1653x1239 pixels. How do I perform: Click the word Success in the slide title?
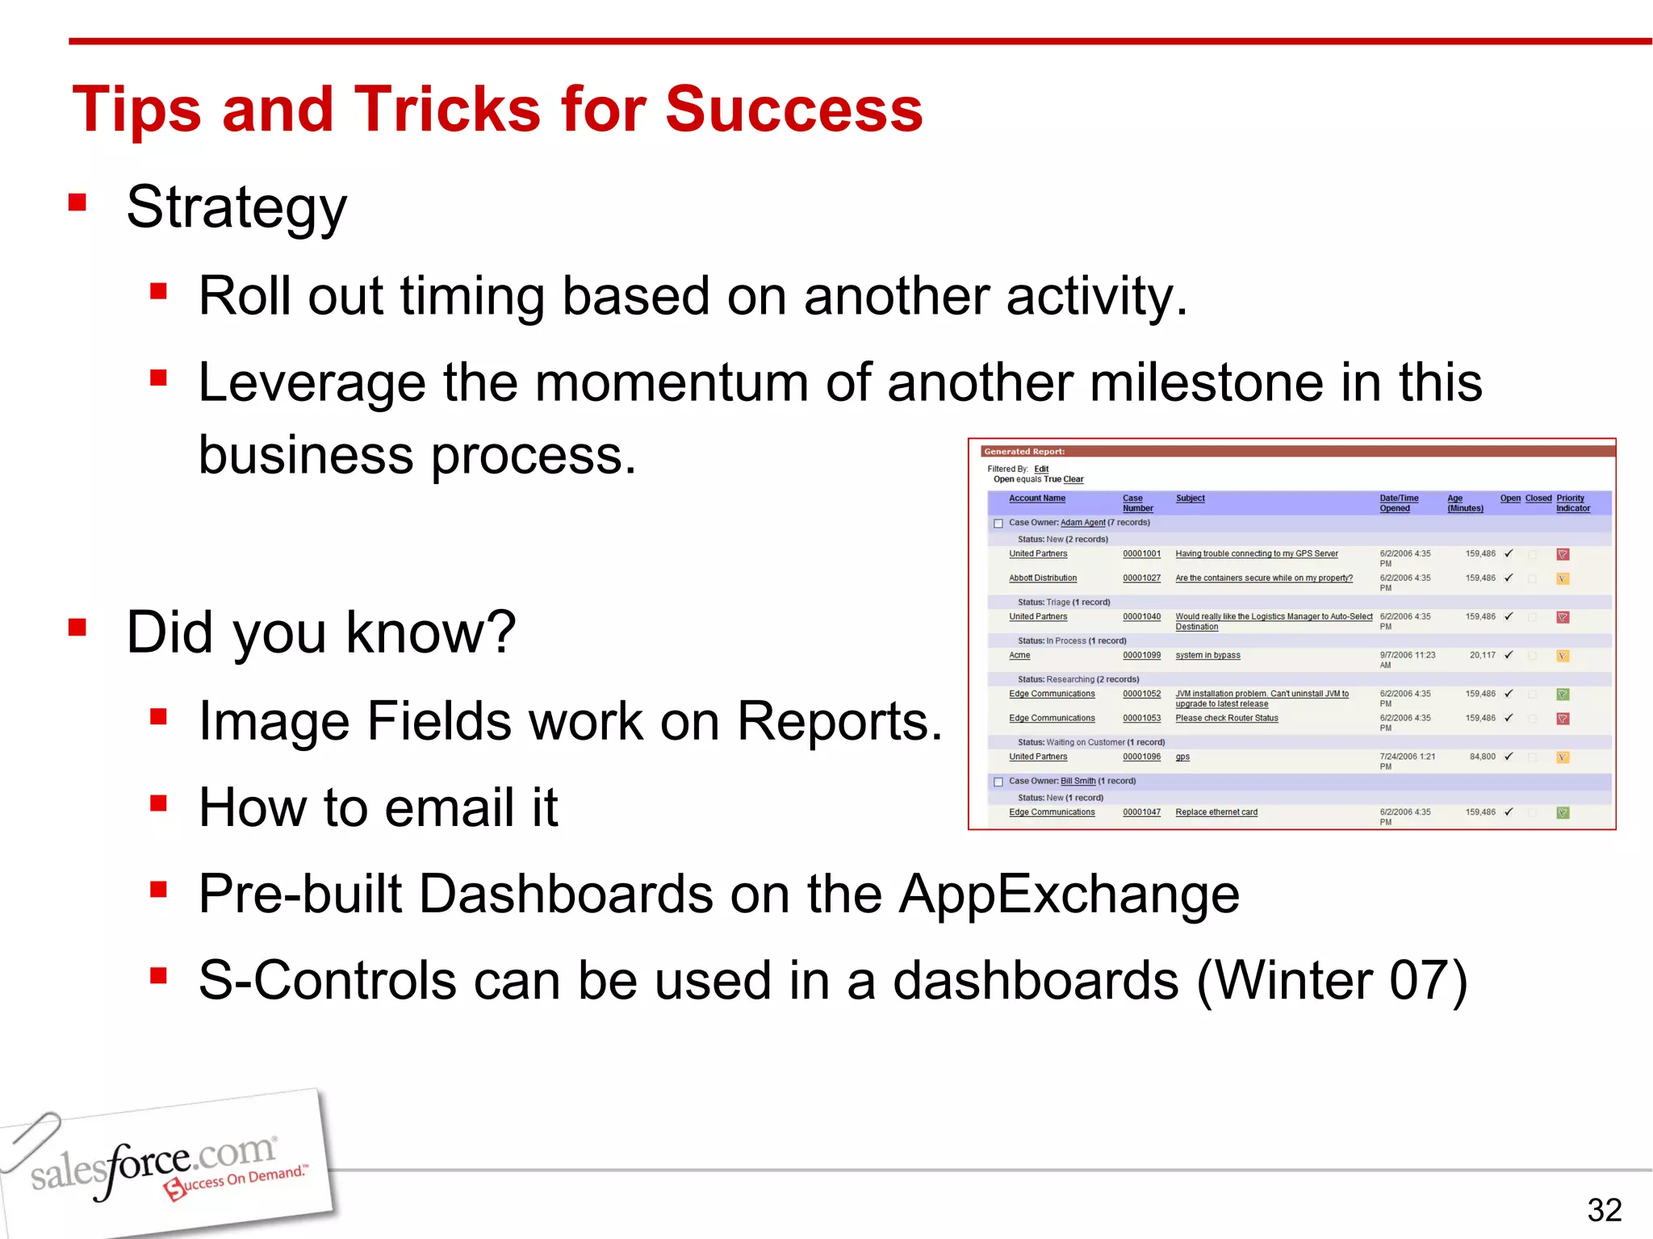793,110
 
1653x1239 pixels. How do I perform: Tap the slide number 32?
1604,1210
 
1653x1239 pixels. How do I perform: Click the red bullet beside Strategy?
77,202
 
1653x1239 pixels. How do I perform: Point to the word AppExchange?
1069,894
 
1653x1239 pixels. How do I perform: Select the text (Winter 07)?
1331,981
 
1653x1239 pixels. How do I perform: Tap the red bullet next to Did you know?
77,628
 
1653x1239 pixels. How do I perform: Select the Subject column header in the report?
1190,499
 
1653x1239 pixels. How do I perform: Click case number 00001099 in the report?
1141,655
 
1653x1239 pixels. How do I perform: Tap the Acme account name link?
1019,655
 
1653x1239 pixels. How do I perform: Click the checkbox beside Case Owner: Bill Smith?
998,782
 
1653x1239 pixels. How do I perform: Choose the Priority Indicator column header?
1572,503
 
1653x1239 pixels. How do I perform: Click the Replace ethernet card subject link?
1216,812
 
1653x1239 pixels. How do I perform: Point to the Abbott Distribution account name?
1042,578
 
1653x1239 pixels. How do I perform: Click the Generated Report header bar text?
1024,452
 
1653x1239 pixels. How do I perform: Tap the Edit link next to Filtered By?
1041,469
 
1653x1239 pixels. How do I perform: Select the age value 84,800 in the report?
1482,757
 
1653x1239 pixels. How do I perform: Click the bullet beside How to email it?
158,803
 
